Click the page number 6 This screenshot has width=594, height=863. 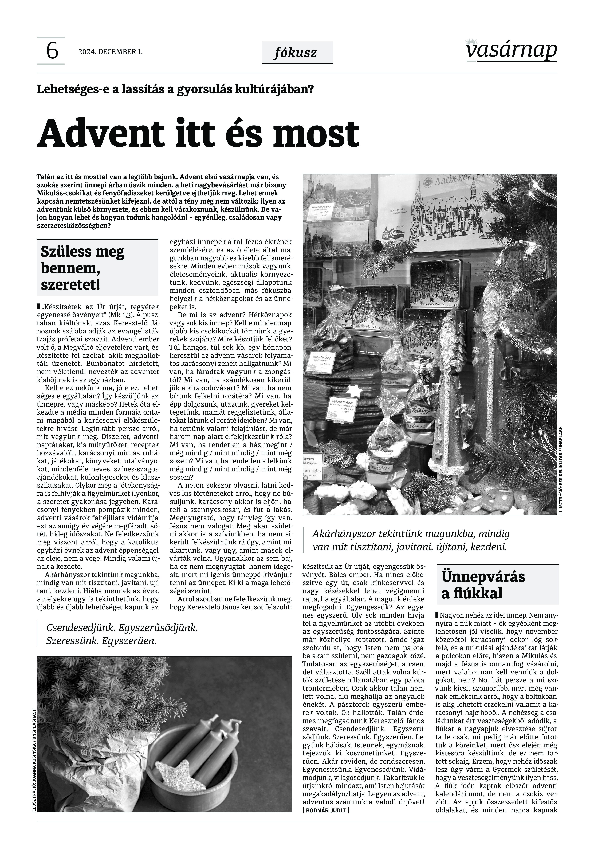point(52,51)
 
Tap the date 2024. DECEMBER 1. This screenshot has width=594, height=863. point(110,52)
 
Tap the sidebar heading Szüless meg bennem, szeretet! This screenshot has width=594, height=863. point(83,268)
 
